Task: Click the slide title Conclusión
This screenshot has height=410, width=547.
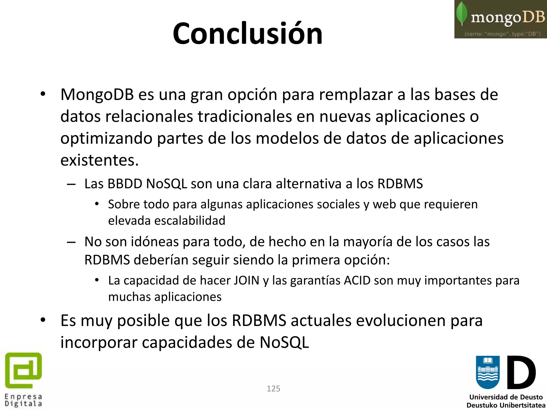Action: [248, 34]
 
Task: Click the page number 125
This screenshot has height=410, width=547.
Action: [273, 389]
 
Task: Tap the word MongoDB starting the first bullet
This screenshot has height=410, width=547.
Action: [97, 95]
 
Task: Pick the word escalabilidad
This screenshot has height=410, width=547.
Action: [190, 221]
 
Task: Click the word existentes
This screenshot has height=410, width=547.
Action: [99, 160]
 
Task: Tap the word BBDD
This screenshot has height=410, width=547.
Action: [125, 184]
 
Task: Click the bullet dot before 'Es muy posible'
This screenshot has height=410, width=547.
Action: [43, 320]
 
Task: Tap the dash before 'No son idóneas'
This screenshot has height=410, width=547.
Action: [71, 242]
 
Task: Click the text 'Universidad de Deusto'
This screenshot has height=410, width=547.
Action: [506, 397]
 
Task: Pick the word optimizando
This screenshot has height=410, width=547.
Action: [106, 139]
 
